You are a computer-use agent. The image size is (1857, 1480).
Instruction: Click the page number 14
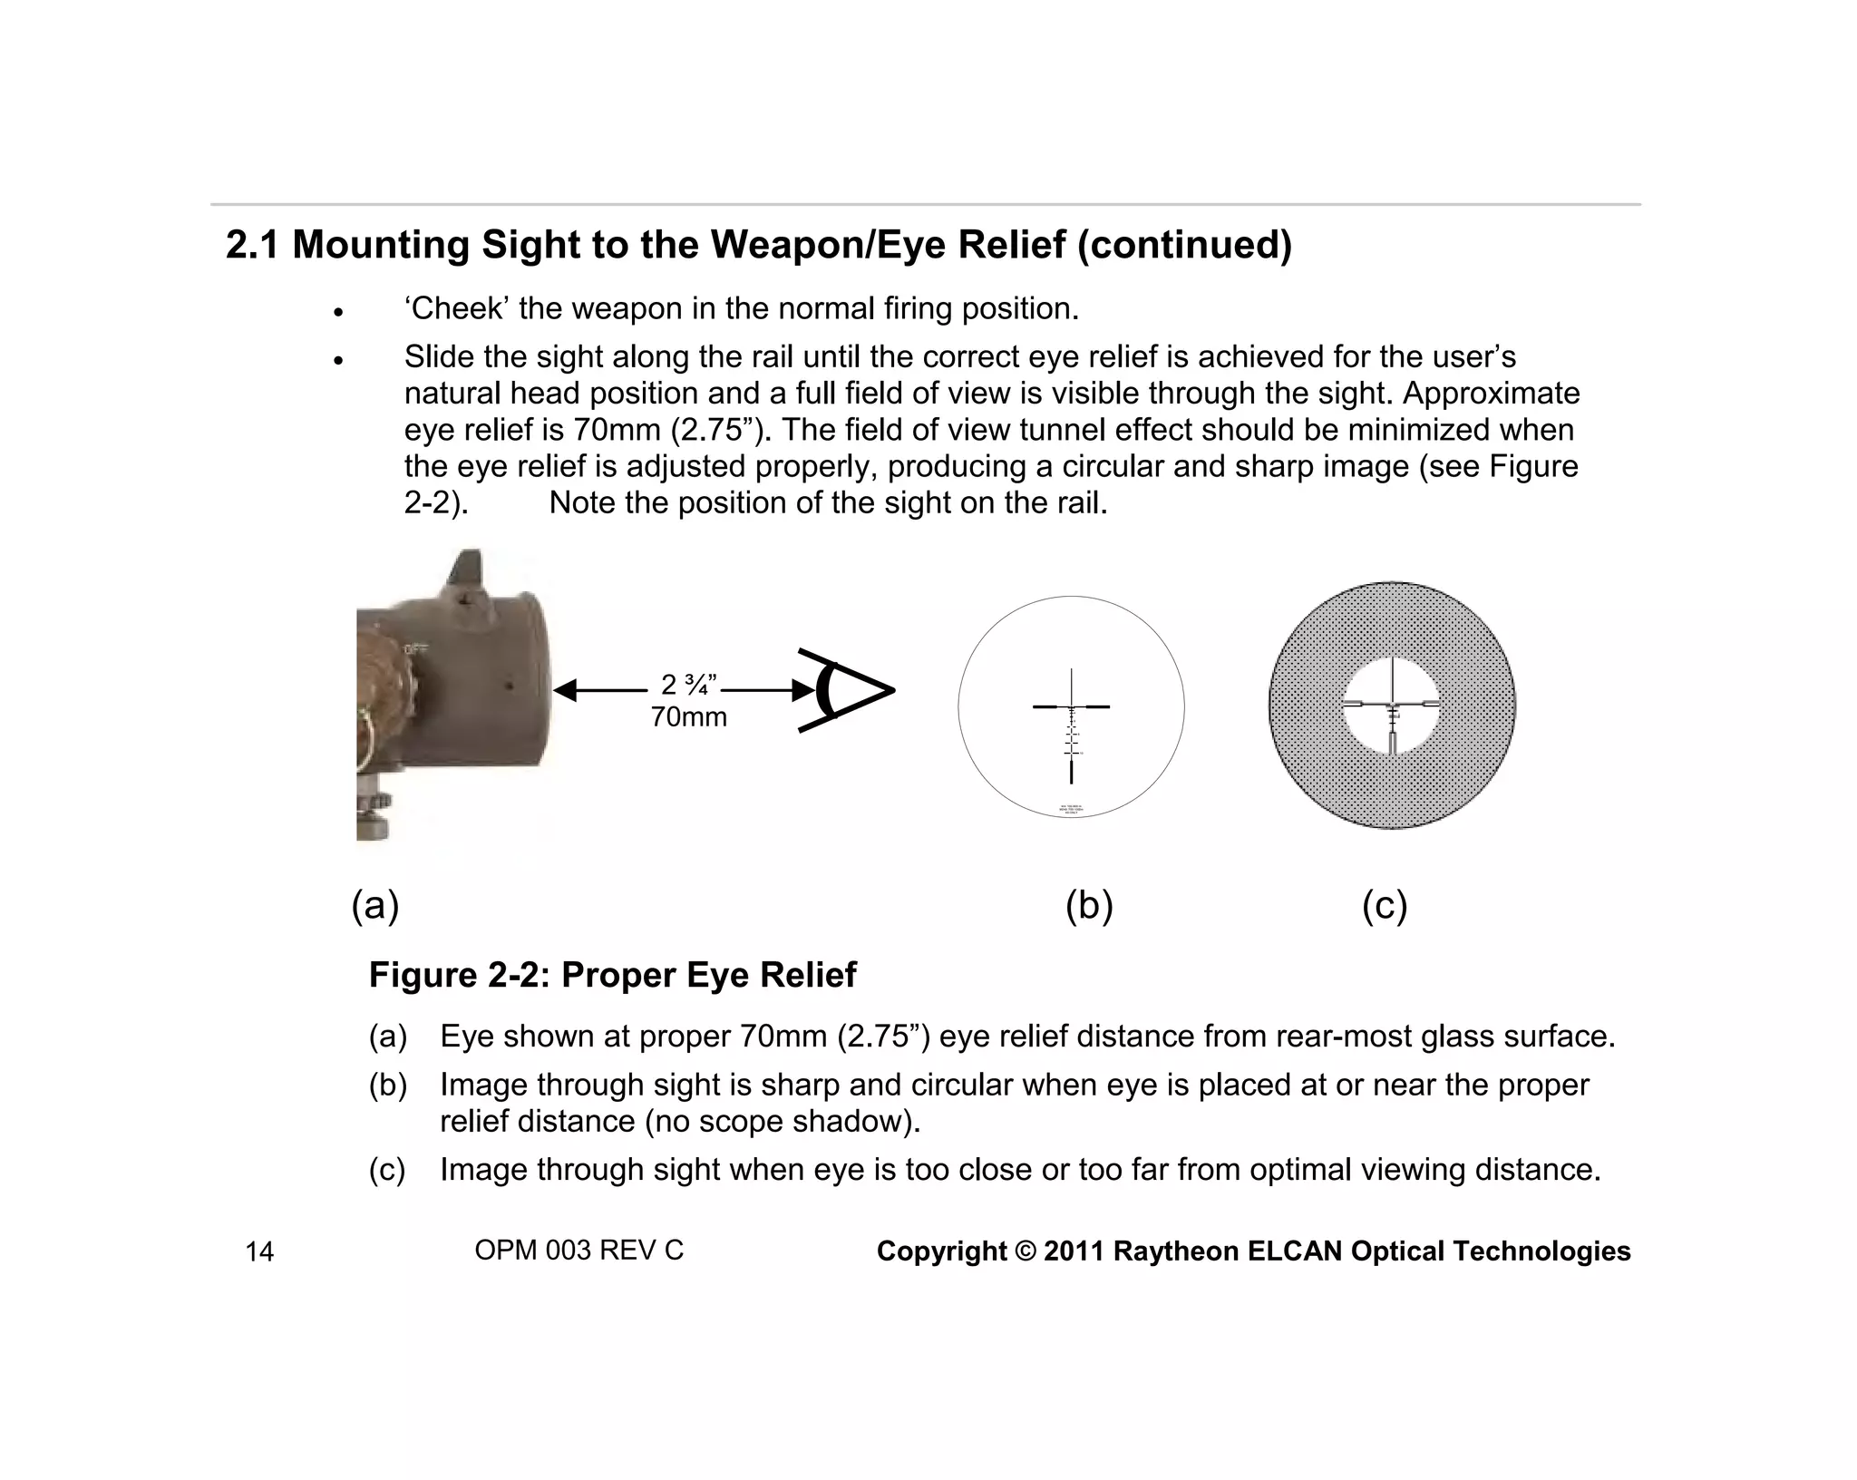(x=259, y=1252)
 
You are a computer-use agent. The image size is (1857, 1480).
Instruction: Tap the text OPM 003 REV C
(x=578, y=1251)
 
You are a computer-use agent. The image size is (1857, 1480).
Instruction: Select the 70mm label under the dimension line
(x=689, y=717)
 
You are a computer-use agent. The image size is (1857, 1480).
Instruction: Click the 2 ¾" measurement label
(x=689, y=685)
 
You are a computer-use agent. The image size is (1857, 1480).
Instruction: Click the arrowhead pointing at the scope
(x=566, y=691)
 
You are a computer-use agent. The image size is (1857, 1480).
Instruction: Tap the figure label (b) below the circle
(x=1089, y=906)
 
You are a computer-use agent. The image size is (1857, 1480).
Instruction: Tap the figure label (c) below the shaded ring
(x=1385, y=906)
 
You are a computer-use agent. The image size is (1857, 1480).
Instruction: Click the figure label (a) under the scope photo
(x=375, y=906)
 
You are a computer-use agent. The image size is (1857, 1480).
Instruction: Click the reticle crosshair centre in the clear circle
(x=1072, y=706)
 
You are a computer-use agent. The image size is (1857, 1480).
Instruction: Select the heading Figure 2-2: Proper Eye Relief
(x=612, y=975)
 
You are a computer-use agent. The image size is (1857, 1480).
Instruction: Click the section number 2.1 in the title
(x=253, y=245)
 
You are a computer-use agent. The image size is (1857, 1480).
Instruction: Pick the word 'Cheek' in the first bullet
(x=457, y=309)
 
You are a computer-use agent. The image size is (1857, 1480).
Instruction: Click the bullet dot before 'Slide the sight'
(x=338, y=360)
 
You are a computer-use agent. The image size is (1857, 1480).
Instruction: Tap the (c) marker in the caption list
(x=387, y=1170)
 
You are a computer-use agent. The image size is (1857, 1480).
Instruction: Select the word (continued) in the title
(x=1184, y=245)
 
